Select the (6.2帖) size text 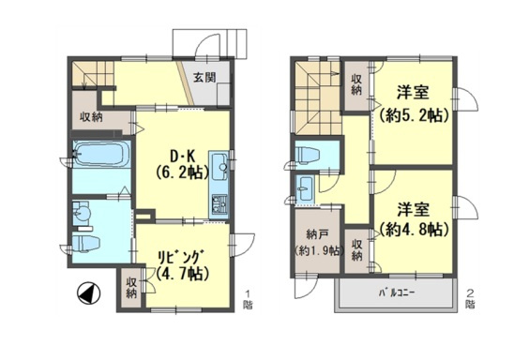(x=179, y=172)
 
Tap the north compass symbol (x=85, y=294)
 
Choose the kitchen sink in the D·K (x=221, y=167)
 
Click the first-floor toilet (x=87, y=243)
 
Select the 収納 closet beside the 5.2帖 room (x=357, y=85)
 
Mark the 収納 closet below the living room (x=131, y=288)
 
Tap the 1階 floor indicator (x=247, y=298)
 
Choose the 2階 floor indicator (x=471, y=298)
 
